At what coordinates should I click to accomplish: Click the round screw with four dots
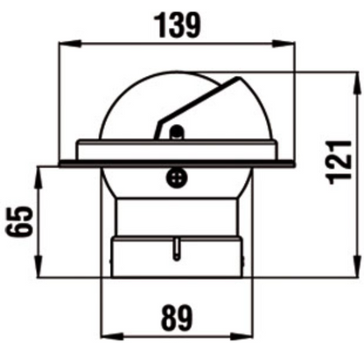[x=177, y=178]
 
